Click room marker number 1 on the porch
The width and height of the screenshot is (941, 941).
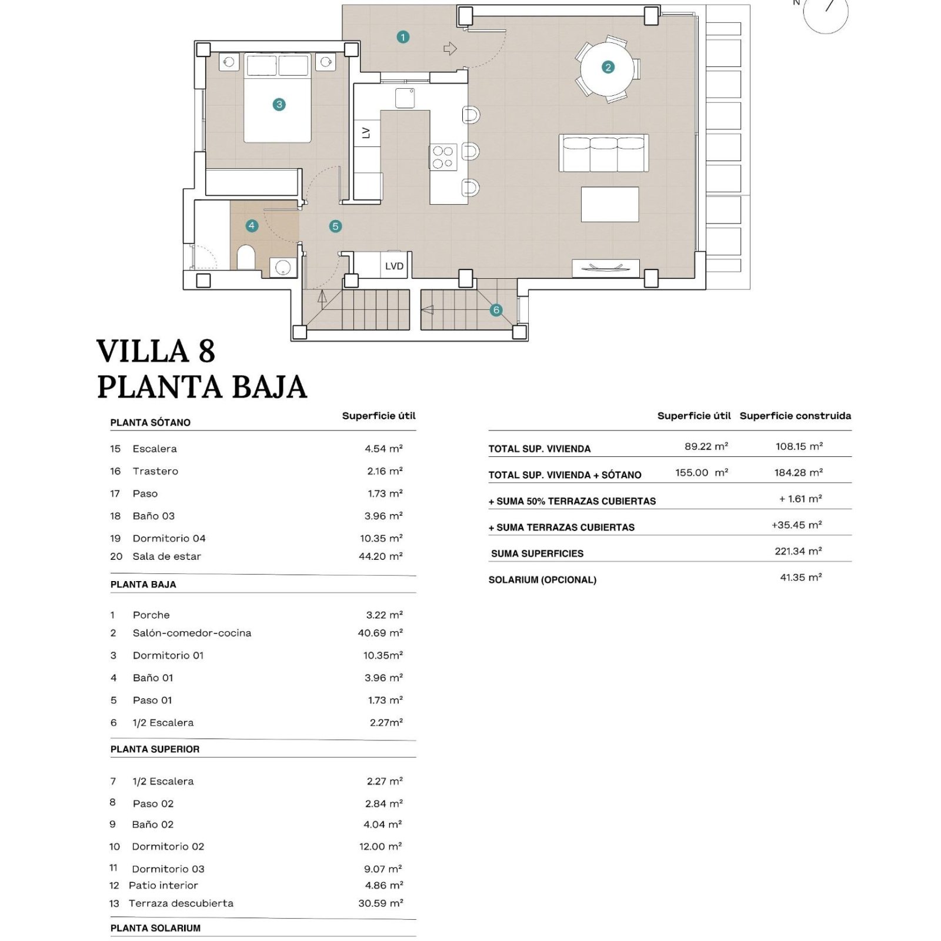pos(403,37)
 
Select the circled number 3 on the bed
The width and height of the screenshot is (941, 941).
pos(279,105)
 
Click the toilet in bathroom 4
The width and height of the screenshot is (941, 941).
pos(246,257)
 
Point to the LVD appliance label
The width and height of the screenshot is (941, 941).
pos(394,266)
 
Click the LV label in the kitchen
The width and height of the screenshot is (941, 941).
pos(366,133)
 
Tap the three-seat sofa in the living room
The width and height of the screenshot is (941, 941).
pos(603,153)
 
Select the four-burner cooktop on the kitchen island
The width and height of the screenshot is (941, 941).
pos(443,157)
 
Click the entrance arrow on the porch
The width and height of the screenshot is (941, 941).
pos(450,48)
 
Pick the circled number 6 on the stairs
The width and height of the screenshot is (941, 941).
pos(496,310)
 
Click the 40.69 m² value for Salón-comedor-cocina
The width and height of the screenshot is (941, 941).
pos(381,633)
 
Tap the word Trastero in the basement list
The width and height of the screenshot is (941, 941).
pos(155,471)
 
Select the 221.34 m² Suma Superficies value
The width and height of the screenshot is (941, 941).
pos(798,551)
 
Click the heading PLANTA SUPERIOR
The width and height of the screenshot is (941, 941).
pos(155,749)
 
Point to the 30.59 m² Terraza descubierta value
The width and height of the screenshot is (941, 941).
pos(381,903)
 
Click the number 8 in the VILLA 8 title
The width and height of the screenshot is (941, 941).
pos(206,351)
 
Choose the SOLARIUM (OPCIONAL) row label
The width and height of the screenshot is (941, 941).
pos(542,579)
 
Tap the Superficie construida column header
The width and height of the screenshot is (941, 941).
pos(795,416)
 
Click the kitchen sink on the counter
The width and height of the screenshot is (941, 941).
pos(405,98)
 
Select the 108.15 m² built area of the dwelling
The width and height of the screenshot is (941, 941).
pos(799,446)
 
